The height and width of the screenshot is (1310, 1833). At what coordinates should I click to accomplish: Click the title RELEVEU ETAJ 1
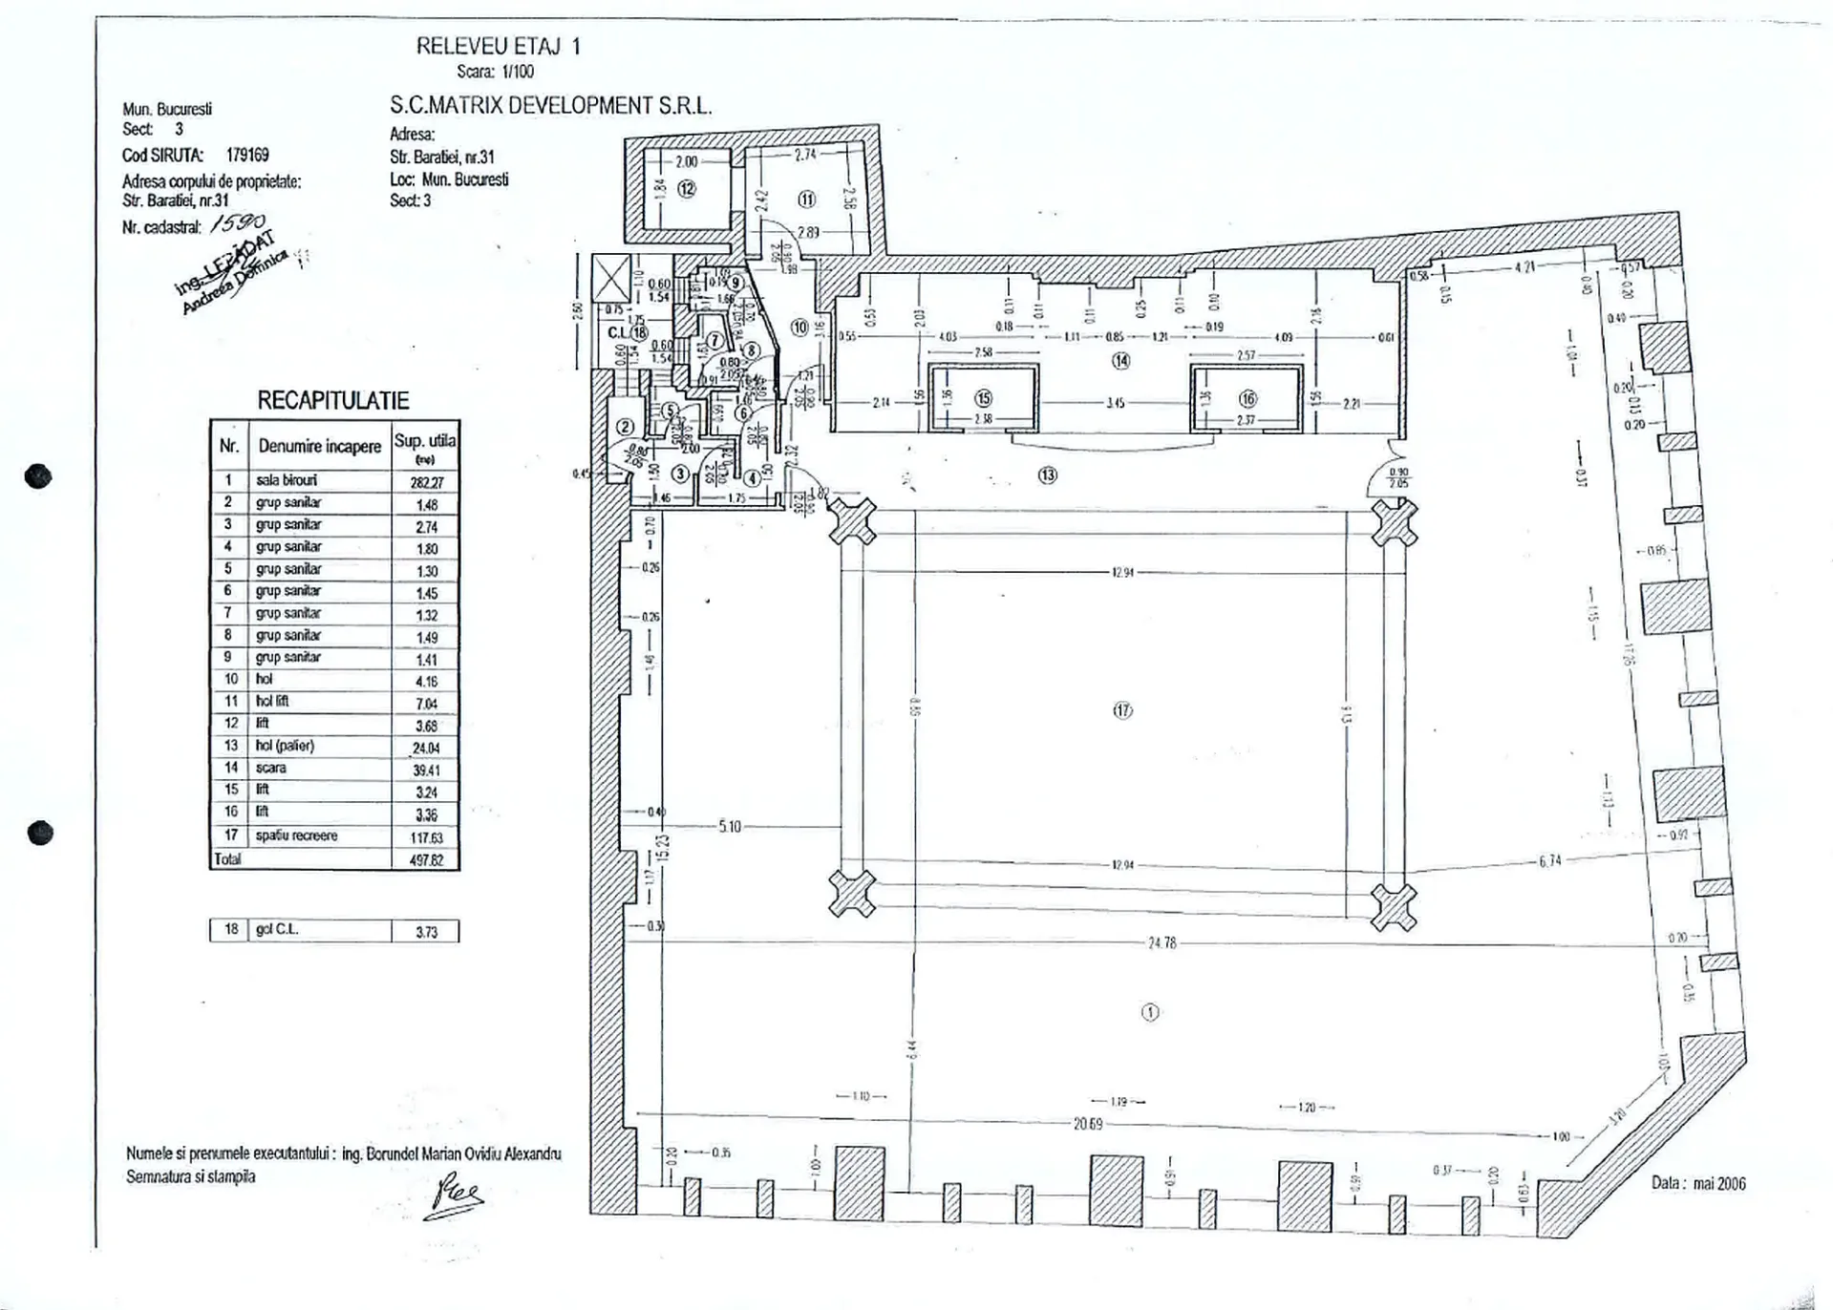[x=498, y=46]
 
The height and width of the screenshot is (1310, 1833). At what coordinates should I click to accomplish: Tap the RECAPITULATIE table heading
[x=333, y=401]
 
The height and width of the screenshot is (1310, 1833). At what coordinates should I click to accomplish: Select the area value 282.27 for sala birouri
[x=426, y=482]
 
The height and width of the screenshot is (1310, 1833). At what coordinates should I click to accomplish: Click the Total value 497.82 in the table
[x=426, y=859]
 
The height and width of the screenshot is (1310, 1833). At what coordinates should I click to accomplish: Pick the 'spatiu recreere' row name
[x=296, y=835]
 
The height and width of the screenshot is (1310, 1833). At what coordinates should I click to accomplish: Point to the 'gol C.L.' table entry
[x=276, y=929]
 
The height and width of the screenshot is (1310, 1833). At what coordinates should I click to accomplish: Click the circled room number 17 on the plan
[x=1122, y=709]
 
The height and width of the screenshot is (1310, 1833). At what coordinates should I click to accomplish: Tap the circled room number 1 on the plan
[x=1150, y=1012]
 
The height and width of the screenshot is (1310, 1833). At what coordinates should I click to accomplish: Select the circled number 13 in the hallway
[x=1048, y=475]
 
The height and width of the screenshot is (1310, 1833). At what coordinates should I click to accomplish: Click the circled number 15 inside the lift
[x=983, y=398]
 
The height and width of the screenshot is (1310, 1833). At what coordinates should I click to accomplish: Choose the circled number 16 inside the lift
[x=1247, y=399]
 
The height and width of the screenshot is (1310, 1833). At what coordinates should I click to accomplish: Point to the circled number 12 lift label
[x=687, y=188]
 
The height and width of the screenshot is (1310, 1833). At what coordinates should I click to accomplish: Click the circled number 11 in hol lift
[x=807, y=200]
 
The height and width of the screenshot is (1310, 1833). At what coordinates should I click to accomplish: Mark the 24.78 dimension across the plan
[x=1162, y=942]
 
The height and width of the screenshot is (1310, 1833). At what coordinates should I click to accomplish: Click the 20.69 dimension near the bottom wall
[x=1088, y=1124]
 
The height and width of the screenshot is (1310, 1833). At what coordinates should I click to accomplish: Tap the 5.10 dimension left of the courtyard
[x=729, y=826]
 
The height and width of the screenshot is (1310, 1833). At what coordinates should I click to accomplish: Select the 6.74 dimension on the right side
[x=1549, y=860]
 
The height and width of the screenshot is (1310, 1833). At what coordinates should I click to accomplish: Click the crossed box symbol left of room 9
[x=611, y=277]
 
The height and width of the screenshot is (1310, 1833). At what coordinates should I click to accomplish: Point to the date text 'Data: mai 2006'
[x=1698, y=1183]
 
